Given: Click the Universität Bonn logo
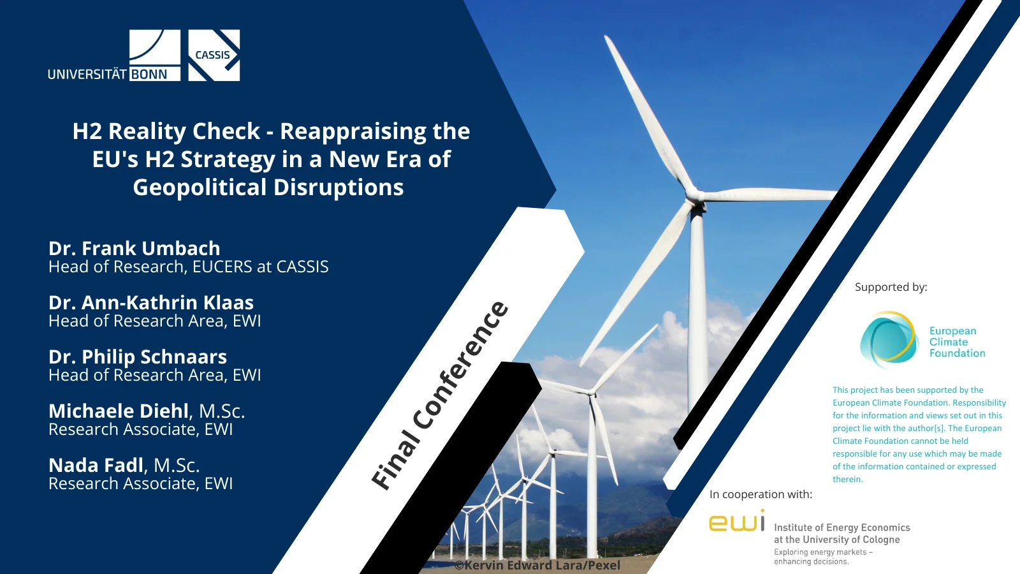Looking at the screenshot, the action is pos(114,55).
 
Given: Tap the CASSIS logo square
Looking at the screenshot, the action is pos(214,55).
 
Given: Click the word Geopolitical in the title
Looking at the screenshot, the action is pos(200,188).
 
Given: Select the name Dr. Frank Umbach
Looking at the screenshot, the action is pos(135,248).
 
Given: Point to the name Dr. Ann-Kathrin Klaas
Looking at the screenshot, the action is pos(151,302).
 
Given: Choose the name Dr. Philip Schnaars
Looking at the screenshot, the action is pos(138,357).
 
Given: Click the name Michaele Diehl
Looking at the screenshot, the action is pos(119,411).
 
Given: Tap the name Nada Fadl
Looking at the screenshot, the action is pos(96,465).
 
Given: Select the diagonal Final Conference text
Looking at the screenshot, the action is pos(439,395).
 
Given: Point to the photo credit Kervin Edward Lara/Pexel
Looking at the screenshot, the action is pos(537,565).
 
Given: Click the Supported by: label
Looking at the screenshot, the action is pos(891,287).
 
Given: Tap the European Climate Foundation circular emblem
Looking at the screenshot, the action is pos(888,339).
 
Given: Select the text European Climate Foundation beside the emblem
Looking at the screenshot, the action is pos(957,342).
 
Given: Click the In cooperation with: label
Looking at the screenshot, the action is pos(761,494).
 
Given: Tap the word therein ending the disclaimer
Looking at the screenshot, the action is pos(847,479).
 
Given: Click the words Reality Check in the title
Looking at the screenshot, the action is pos(184,131).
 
